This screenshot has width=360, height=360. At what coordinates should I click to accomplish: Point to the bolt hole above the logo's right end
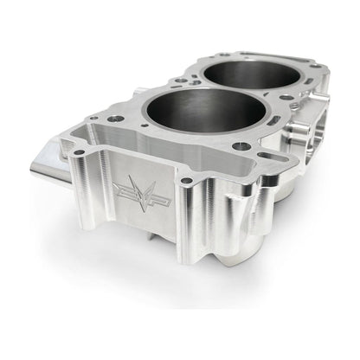[x=185, y=181]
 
